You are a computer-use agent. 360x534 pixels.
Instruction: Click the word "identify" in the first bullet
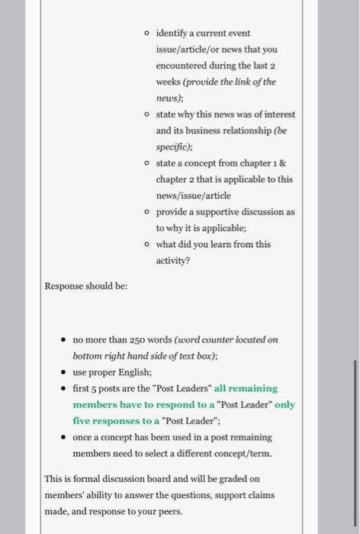(x=170, y=34)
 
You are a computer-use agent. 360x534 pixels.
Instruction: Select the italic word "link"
(x=245, y=82)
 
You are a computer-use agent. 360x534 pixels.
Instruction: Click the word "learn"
(x=217, y=243)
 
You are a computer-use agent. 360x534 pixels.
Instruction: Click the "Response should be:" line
(x=86, y=285)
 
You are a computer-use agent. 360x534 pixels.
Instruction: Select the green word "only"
(x=284, y=404)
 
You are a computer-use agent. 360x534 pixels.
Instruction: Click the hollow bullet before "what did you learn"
(x=146, y=243)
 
